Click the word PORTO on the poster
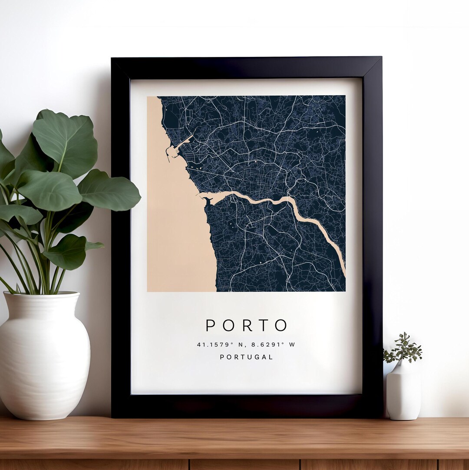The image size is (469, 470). [246, 325]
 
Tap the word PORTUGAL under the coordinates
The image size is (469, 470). [246, 357]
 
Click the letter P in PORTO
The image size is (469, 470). [211, 325]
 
